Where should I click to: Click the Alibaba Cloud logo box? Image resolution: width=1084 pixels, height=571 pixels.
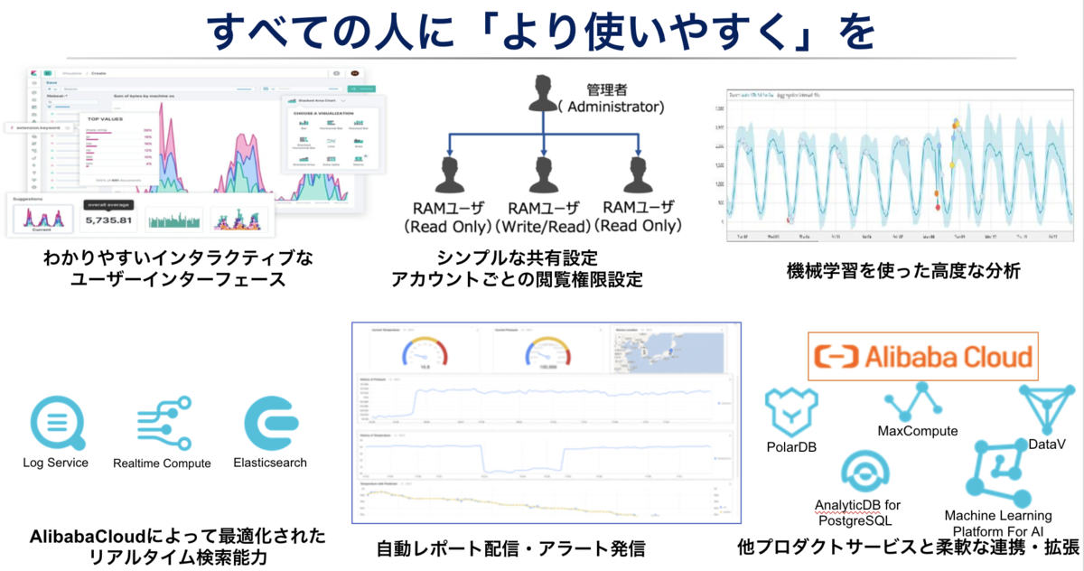[921, 356]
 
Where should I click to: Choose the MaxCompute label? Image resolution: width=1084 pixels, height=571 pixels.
[917, 431]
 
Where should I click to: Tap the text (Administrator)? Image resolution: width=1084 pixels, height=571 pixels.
[610, 107]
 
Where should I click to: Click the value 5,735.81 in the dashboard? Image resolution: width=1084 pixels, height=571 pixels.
[108, 220]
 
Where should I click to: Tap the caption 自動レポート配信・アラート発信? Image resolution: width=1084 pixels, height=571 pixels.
[511, 548]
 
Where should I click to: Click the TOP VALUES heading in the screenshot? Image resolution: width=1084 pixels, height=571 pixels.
[107, 118]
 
